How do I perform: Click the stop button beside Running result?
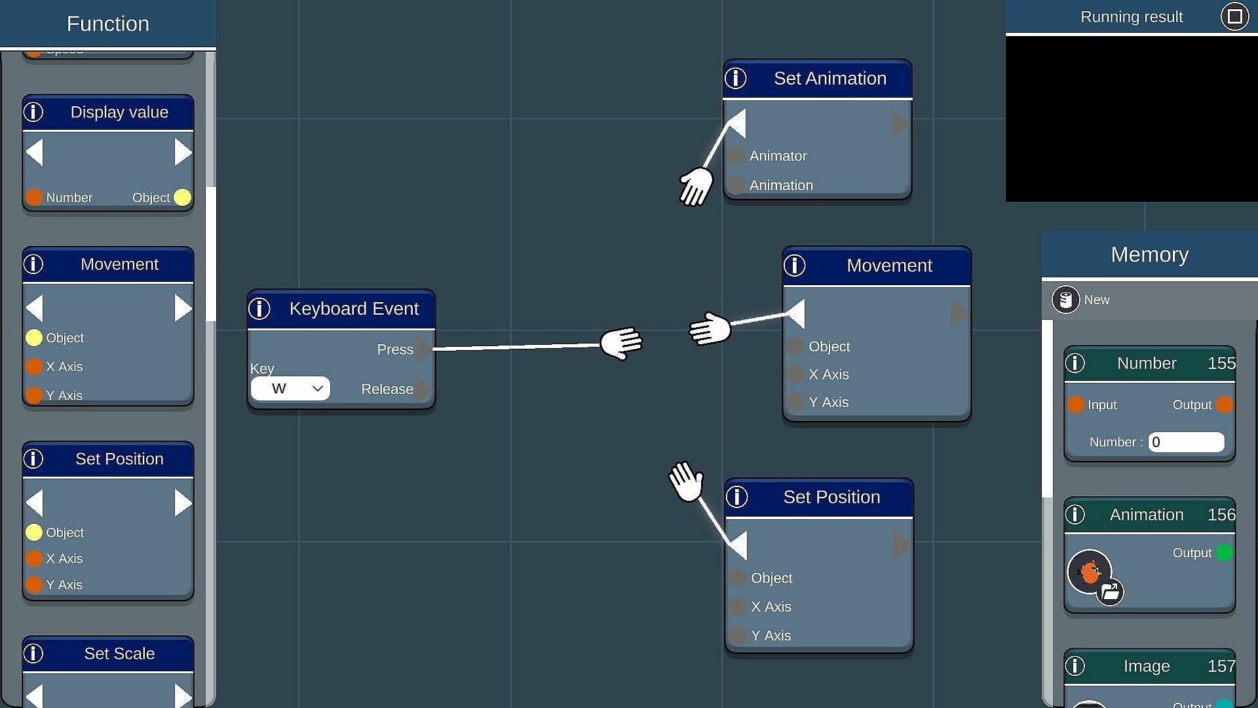coord(1234,16)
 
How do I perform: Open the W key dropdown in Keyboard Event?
coord(290,389)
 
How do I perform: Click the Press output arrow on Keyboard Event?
coord(424,349)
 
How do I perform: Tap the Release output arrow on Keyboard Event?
coord(424,389)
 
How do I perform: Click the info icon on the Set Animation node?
coord(736,79)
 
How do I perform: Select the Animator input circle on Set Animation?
coord(736,156)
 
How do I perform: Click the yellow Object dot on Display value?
coord(183,197)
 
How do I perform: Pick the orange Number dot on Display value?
coord(34,197)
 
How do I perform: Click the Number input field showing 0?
coord(1186,442)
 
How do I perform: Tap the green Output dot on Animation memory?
coord(1224,553)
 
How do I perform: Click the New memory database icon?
coord(1065,300)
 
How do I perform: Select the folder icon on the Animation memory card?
coord(1110,593)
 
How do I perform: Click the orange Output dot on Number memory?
coord(1224,404)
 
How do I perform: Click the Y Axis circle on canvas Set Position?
coord(738,635)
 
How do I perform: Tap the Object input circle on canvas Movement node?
coord(795,346)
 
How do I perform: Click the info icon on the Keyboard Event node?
coord(259,309)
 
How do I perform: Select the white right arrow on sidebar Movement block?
coord(183,308)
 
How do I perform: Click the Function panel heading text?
coord(108,24)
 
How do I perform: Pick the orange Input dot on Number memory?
coord(1076,404)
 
